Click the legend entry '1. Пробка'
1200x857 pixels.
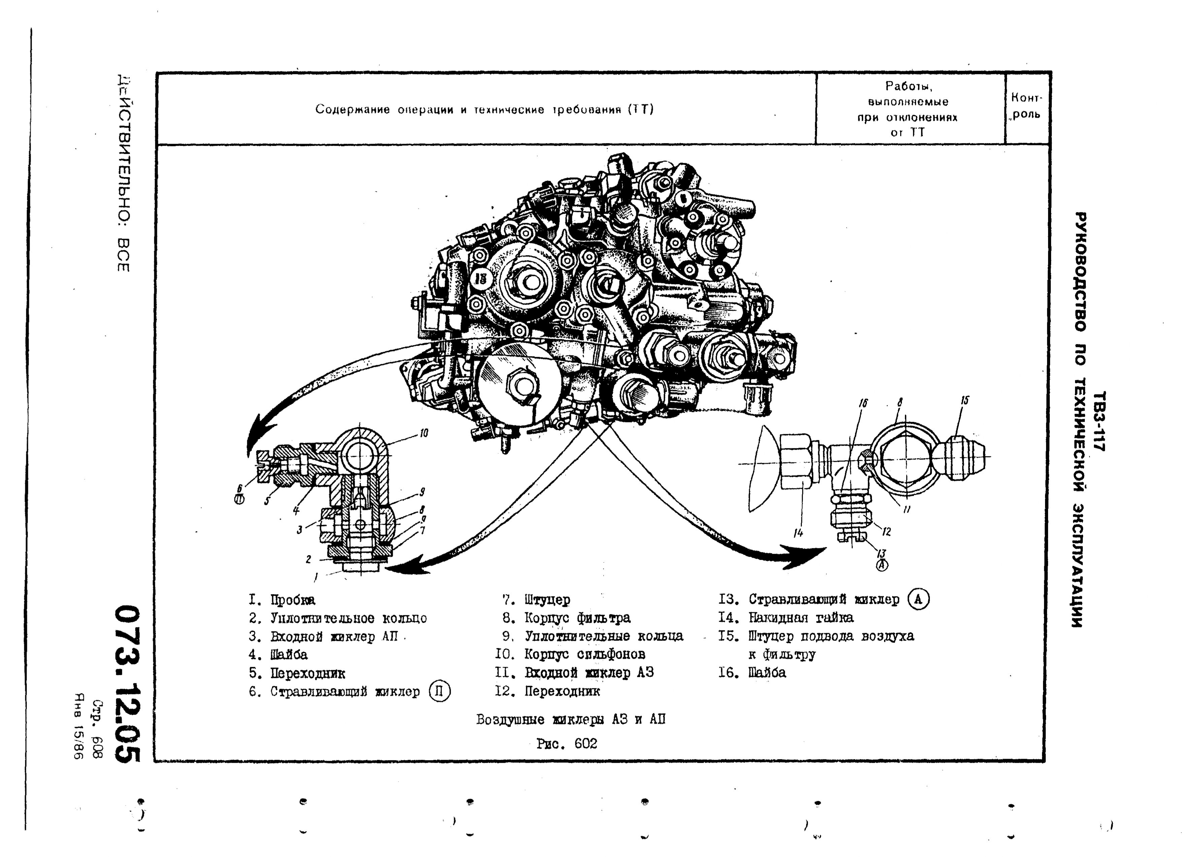click(x=283, y=600)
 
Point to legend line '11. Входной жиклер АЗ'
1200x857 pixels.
click(x=574, y=673)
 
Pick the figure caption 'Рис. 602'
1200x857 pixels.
click(x=566, y=744)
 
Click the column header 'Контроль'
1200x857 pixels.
click(x=1026, y=106)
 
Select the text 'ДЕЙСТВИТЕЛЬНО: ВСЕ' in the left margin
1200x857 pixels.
click(x=123, y=174)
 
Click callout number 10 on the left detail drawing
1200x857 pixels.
click(x=424, y=433)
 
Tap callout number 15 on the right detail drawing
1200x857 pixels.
click(x=965, y=401)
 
